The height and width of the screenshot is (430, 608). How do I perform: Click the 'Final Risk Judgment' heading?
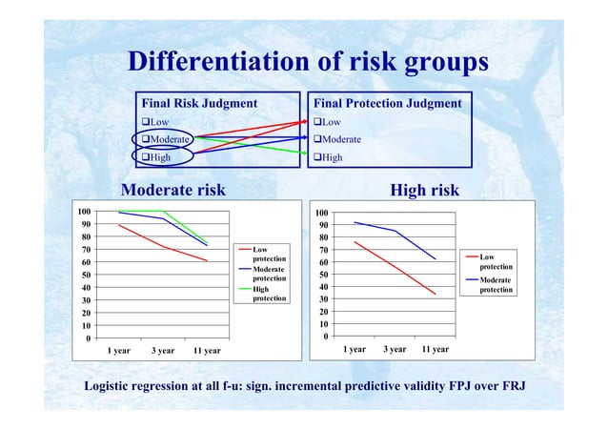(x=199, y=103)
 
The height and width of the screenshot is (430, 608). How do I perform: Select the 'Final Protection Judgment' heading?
(x=388, y=103)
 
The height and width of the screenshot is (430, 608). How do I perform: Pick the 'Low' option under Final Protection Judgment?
(x=328, y=122)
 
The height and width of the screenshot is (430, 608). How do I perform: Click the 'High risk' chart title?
(x=425, y=191)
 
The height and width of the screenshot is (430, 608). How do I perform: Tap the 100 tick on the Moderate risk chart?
(x=85, y=212)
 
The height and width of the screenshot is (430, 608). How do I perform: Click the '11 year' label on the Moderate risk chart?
(x=207, y=351)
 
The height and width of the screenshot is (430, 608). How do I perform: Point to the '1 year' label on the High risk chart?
(x=355, y=349)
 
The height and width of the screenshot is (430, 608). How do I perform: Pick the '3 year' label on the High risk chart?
(x=395, y=349)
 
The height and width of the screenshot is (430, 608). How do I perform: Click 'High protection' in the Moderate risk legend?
(x=269, y=294)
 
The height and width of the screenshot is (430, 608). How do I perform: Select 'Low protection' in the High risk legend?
(x=496, y=261)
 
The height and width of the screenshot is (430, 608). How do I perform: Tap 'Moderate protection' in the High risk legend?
(x=496, y=284)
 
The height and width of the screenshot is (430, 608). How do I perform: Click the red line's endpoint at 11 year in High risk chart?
(x=436, y=295)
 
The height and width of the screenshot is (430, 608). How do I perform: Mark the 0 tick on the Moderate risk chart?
(x=88, y=338)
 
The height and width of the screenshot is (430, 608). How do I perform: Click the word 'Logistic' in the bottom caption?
(x=112, y=386)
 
